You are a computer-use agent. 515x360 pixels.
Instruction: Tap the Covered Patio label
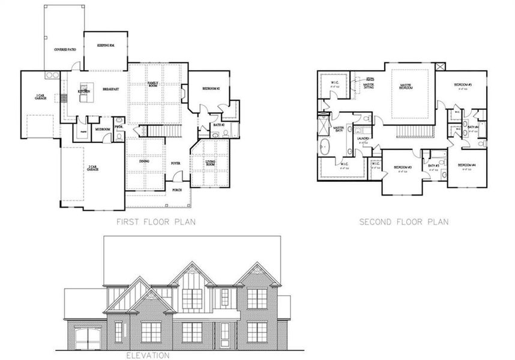click(64, 49)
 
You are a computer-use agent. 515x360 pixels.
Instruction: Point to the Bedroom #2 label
click(211, 88)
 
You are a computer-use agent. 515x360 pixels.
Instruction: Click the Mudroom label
click(102, 128)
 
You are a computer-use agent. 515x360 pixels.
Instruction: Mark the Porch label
click(177, 190)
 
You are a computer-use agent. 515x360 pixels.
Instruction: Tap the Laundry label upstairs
click(363, 139)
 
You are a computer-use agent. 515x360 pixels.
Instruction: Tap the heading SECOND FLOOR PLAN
click(403, 222)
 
